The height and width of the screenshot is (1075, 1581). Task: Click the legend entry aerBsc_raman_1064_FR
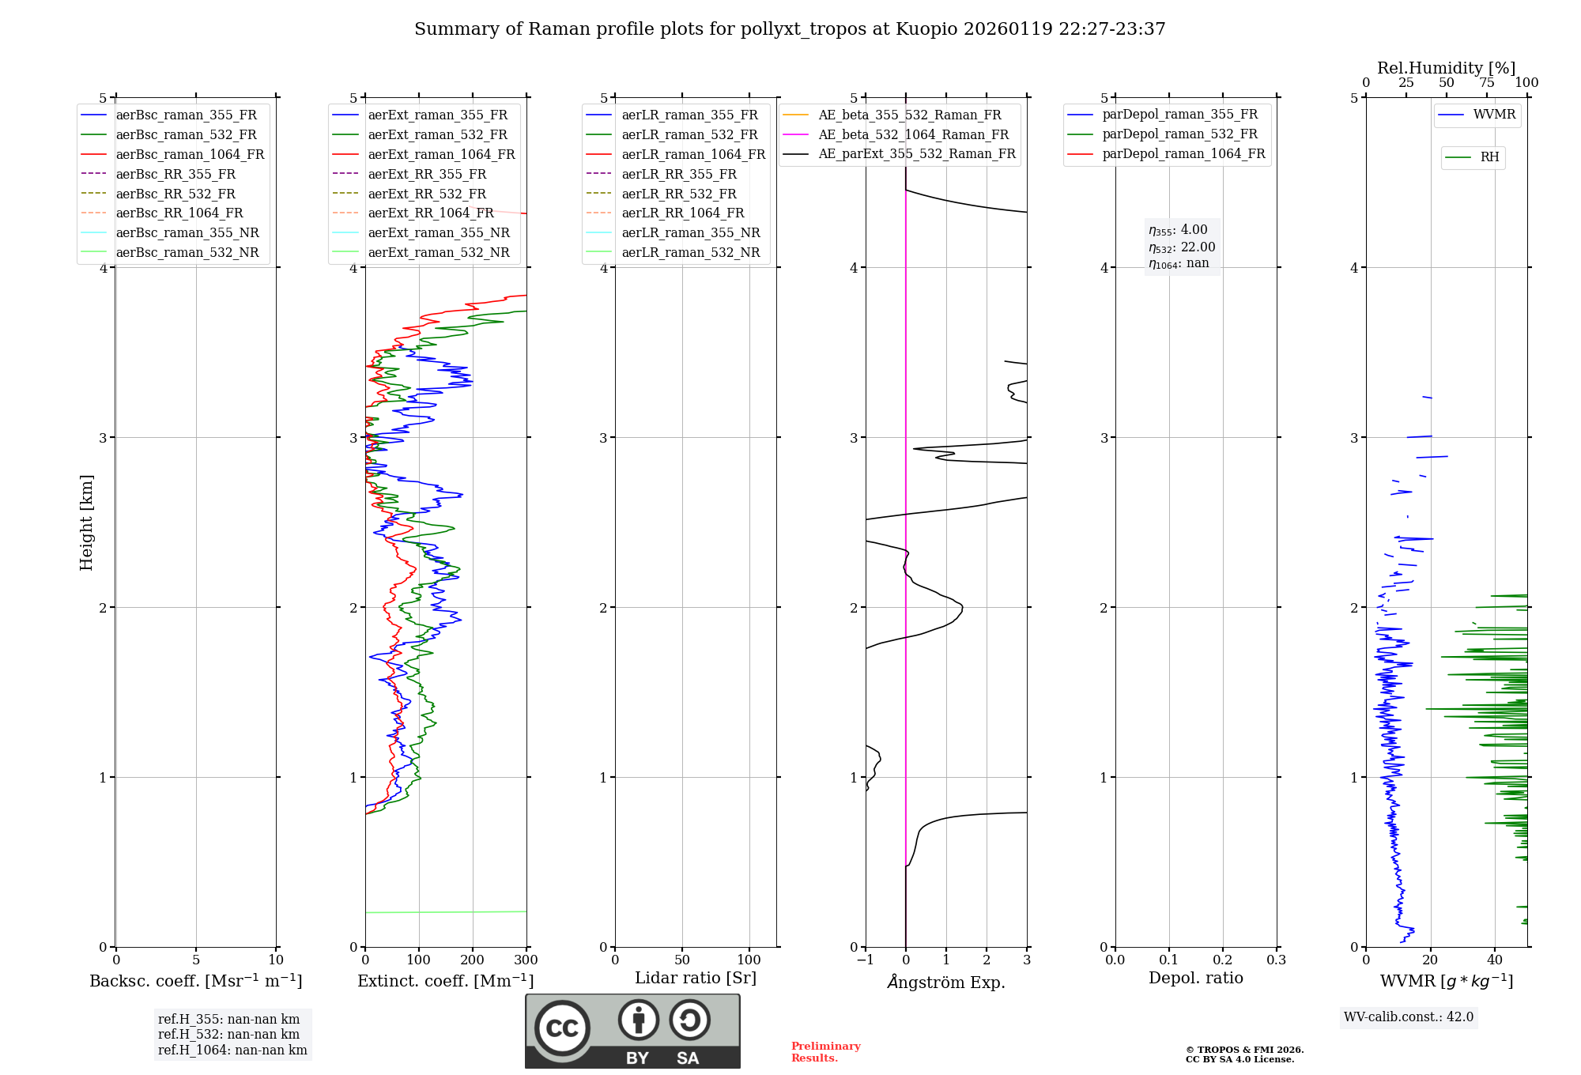click(x=190, y=155)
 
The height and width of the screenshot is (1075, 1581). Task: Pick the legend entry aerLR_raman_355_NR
click(x=691, y=233)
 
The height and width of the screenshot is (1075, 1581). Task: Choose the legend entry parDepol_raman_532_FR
click(x=1179, y=134)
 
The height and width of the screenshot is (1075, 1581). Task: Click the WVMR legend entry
click(x=1494, y=115)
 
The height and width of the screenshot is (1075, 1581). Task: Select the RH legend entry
click(x=1489, y=157)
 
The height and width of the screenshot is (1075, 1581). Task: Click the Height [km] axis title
click(x=86, y=522)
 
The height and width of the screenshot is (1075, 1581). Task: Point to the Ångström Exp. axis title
click(x=946, y=983)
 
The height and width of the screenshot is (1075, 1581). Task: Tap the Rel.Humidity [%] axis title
click(x=1446, y=68)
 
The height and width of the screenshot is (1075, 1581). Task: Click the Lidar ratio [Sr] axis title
click(x=696, y=979)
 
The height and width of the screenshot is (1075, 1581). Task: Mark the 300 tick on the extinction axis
click(x=526, y=960)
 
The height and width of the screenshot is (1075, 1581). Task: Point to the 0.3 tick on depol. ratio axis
click(x=1277, y=960)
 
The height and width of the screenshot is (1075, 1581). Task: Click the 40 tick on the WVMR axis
click(x=1495, y=960)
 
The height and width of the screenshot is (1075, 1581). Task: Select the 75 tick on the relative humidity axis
click(x=1487, y=83)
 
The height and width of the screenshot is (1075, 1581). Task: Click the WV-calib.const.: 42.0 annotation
click(x=1409, y=1017)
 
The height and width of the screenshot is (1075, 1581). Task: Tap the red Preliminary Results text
click(x=826, y=1052)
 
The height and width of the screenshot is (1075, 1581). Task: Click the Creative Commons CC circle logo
click(x=562, y=1028)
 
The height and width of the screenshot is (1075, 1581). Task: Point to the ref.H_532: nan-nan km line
click(x=228, y=1035)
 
